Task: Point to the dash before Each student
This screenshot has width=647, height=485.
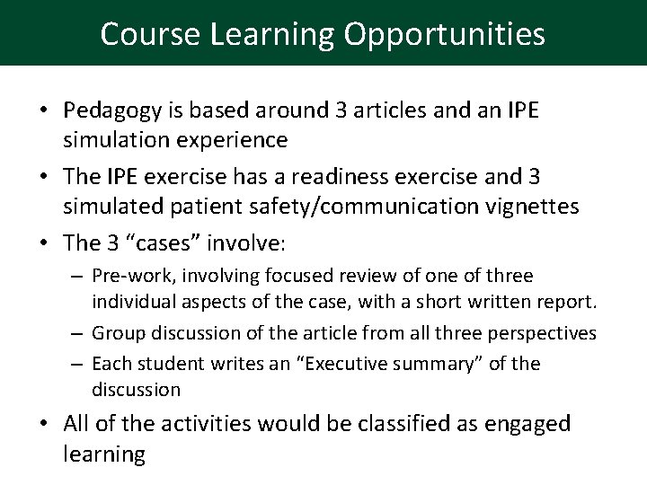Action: (77, 364)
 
